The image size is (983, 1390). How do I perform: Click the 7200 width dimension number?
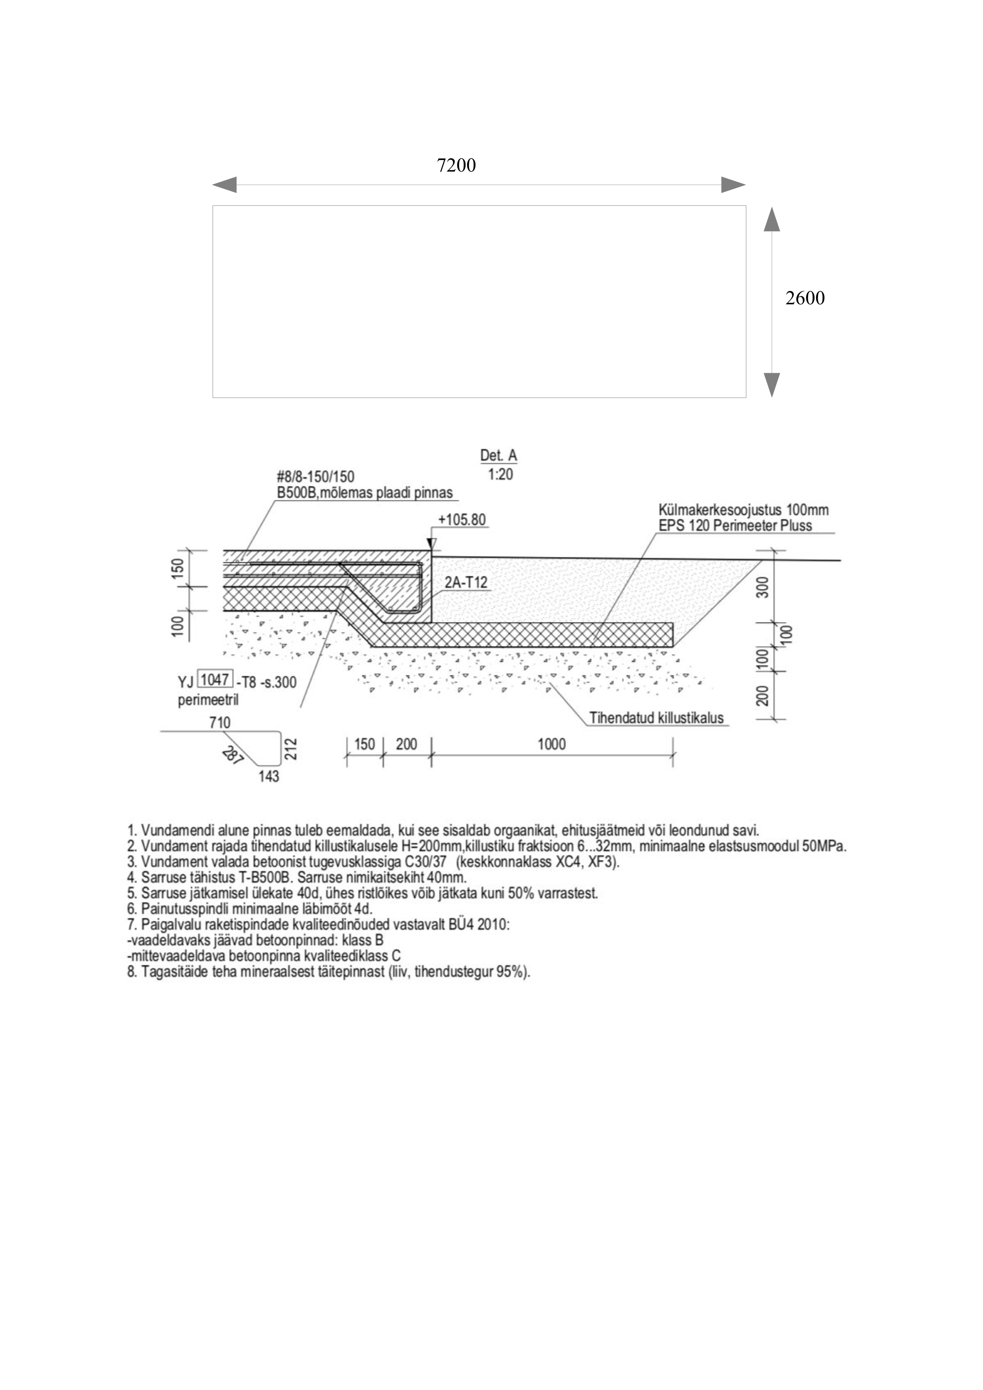[x=456, y=165]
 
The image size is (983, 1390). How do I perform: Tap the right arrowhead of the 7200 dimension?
[x=733, y=185]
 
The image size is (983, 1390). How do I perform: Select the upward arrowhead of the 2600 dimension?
[x=772, y=219]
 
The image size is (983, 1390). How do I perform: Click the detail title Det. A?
[x=498, y=456]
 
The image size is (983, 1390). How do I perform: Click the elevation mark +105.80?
[x=462, y=520]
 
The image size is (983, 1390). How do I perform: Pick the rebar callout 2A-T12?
[x=466, y=583]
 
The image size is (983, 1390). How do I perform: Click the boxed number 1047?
[x=215, y=680]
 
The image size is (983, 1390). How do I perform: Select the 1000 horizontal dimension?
[x=551, y=744]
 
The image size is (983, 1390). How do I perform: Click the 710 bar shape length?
[x=219, y=722]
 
